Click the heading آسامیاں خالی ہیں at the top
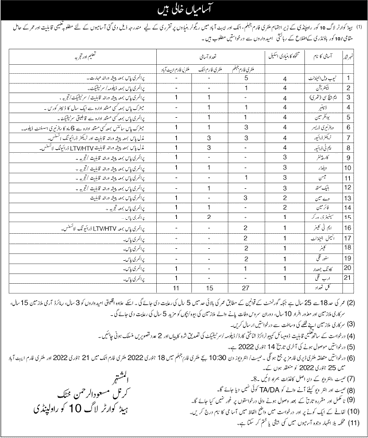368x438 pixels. coord(184,11)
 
